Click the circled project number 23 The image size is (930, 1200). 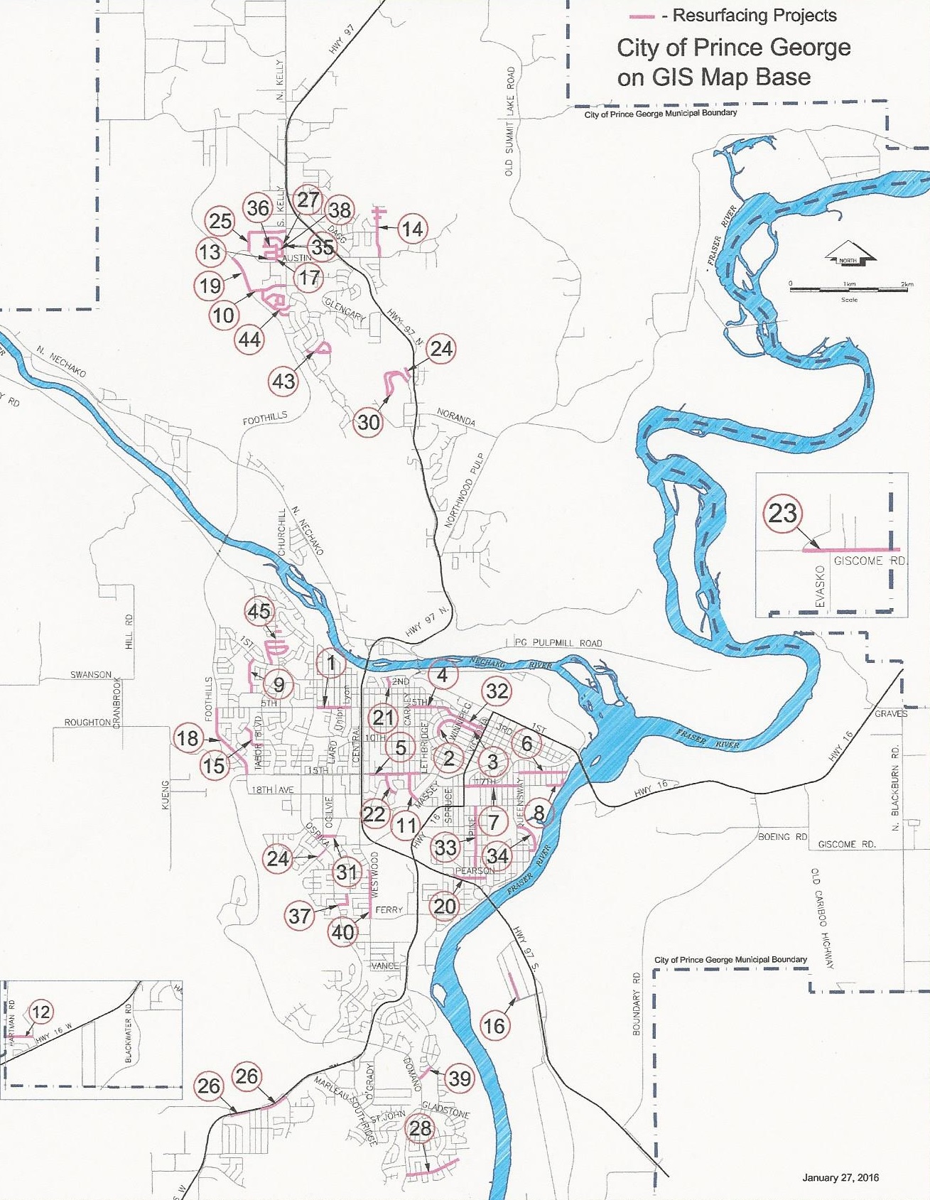pyautogui.click(x=783, y=513)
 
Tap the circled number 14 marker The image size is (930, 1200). pyautogui.click(x=413, y=229)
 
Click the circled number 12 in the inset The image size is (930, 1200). pyautogui.click(x=41, y=1012)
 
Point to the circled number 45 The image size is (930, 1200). pyautogui.click(x=259, y=611)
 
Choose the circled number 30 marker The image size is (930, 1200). pyautogui.click(x=368, y=422)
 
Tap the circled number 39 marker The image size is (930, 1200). pyautogui.click(x=460, y=1078)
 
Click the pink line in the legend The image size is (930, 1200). pyautogui.click(x=642, y=16)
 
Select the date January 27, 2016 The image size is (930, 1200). pyautogui.click(x=840, y=1177)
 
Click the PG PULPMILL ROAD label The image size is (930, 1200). pyautogui.click(x=558, y=642)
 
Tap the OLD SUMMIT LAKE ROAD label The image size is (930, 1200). pyautogui.click(x=509, y=121)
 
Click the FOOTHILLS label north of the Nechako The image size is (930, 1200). pyautogui.click(x=265, y=420)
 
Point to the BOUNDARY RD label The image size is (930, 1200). pyautogui.click(x=637, y=1003)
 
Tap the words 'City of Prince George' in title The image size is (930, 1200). pyautogui.click(x=733, y=48)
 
